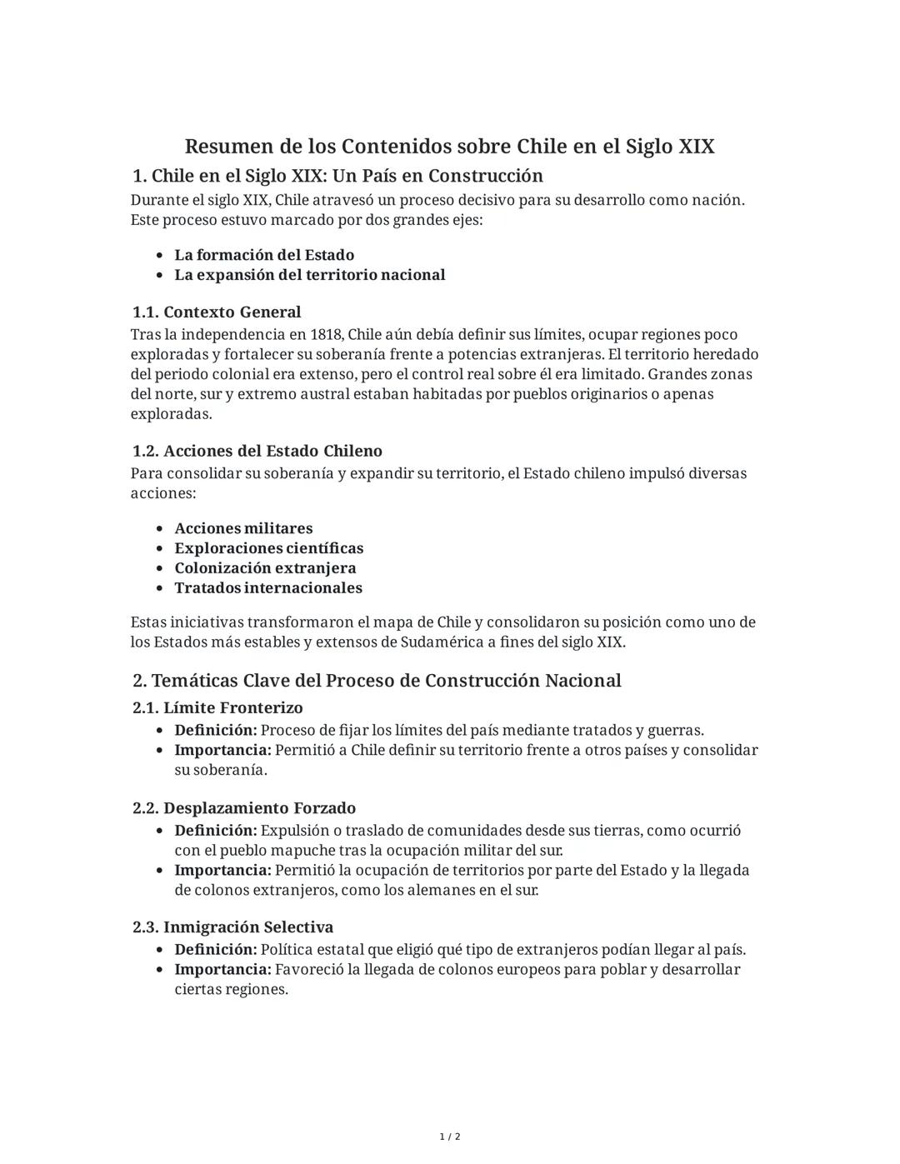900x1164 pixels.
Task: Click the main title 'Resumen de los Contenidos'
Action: click(449, 147)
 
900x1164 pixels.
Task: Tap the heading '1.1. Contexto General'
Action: click(217, 312)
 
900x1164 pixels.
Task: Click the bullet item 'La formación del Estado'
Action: click(264, 255)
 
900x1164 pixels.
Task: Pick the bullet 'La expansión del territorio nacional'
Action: click(309, 275)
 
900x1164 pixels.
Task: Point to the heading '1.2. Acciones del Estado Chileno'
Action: click(257, 452)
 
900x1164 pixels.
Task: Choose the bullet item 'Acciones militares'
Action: click(243, 528)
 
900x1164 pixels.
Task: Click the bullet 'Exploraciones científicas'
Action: click(268, 548)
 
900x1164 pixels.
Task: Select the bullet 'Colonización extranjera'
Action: click(265, 568)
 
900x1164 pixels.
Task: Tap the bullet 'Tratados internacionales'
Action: click(268, 588)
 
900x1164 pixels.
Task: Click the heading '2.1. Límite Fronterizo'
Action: click(217, 708)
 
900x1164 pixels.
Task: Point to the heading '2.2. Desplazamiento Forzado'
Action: click(244, 808)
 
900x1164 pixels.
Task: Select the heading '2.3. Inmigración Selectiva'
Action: click(232, 927)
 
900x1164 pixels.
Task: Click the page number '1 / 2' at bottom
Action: click(450, 1137)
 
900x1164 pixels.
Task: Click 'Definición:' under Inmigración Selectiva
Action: click(216, 950)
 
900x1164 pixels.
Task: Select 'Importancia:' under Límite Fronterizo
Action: click(222, 750)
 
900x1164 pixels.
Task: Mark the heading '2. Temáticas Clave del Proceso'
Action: click(377, 681)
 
